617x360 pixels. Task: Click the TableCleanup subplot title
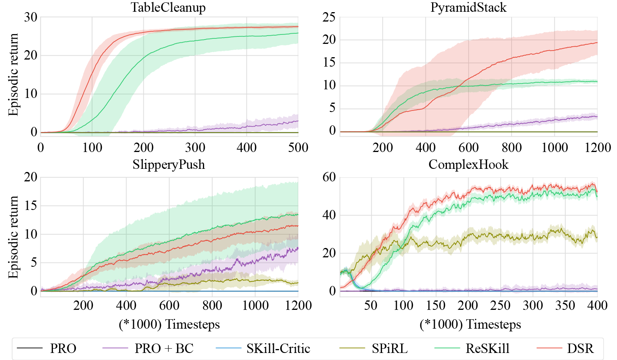click(x=168, y=7)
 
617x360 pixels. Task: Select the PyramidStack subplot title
click(x=468, y=7)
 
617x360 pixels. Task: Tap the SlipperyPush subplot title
click(x=168, y=165)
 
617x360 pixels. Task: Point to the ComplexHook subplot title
click(x=468, y=165)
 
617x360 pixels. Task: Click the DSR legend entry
click(x=580, y=348)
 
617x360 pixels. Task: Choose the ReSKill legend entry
click(x=487, y=348)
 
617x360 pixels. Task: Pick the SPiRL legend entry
click(x=389, y=348)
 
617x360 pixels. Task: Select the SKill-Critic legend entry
click(x=278, y=348)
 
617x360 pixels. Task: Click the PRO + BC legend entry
click(x=164, y=348)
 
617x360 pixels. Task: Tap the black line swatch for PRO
click(x=30, y=348)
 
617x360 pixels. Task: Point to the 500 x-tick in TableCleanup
click(x=298, y=148)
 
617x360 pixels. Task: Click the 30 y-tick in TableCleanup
click(x=31, y=17)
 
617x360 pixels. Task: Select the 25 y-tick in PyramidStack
click(x=329, y=17)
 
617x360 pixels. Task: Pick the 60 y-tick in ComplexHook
click(x=329, y=177)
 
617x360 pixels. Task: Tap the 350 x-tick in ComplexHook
click(x=565, y=306)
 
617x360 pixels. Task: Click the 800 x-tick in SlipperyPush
click(x=212, y=306)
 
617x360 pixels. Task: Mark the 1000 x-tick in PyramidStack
click(x=554, y=148)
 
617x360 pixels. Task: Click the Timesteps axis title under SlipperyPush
click(x=169, y=324)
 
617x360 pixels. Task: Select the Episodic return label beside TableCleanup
click(x=13, y=74)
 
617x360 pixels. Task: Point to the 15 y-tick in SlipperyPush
click(x=31, y=206)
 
